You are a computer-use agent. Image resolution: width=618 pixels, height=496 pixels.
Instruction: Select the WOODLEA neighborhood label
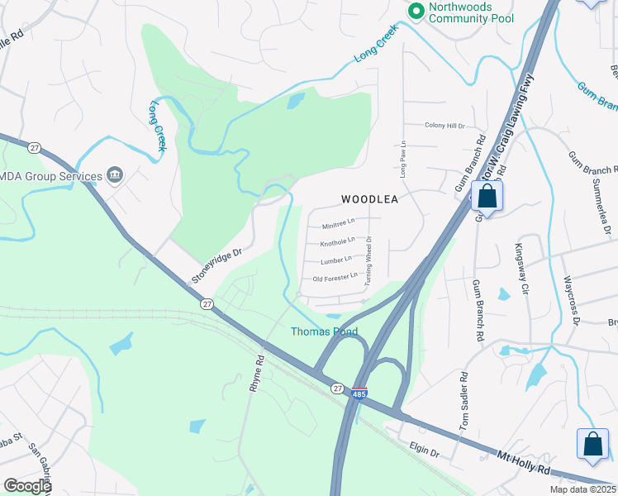click(x=370, y=199)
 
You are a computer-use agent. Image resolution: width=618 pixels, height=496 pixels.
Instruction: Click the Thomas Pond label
click(x=325, y=331)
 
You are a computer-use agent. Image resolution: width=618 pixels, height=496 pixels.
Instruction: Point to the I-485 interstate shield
click(x=359, y=393)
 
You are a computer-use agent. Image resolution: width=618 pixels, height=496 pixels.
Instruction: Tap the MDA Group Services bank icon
click(x=115, y=175)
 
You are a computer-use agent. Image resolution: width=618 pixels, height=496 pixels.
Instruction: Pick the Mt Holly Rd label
click(x=523, y=462)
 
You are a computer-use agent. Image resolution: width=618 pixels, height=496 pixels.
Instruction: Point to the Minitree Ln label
click(x=338, y=222)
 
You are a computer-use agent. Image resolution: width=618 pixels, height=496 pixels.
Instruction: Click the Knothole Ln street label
click(x=337, y=241)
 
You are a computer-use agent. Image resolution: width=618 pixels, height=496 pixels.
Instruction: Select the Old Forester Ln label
click(x=335, y=278)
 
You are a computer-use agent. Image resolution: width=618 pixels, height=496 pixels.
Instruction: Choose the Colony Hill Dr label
click(x=445, y=126)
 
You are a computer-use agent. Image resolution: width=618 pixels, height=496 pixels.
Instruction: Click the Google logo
click(x=27, y=486)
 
